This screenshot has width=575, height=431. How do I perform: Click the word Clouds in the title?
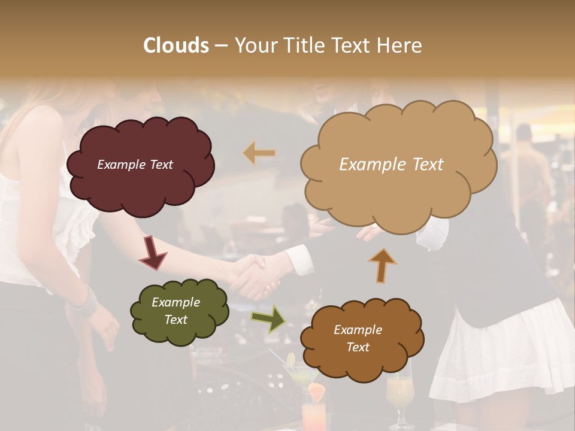pyautogui.click(x=176, y=45)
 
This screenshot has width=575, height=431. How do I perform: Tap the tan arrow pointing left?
pyautogui.click(x=259, y=153)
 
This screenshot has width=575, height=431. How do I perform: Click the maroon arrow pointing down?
pyautogui.click(x=152, y=253)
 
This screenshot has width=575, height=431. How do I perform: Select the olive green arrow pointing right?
pyautogui.click(x=268, y=318)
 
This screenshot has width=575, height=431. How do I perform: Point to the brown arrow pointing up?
pyautogui.click(x=382, y=265)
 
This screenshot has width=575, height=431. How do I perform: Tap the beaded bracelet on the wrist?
pyautogui.click(x=86, y=302)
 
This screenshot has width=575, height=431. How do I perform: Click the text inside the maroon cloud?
pyautogui.click(x=135, y=165)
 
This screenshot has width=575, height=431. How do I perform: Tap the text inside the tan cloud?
pyautogui.click(x=391, y=165)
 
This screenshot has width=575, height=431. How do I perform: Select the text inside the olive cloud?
pyautogui.click(x=175, y=311)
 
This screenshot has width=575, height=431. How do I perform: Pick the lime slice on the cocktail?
pyautogui.click(x=291, y=360)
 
